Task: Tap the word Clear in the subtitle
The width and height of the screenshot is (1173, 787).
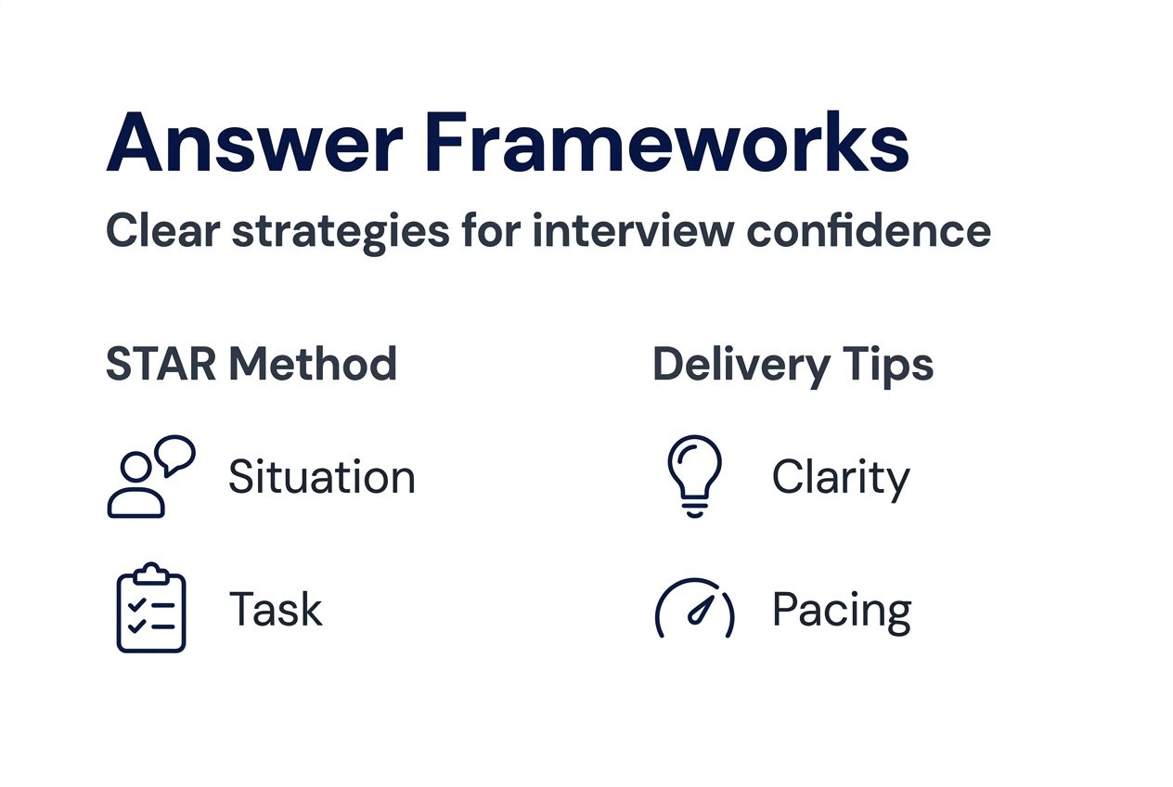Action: [161, 230]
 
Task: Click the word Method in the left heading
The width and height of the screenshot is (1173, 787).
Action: [313, 364]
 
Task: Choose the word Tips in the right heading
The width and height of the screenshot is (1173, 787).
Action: [887, 366]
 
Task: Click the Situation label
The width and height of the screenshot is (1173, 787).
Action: [322, 478]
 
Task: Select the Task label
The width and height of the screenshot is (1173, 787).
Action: [276, 610]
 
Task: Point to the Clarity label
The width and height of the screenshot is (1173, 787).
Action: [841, 480]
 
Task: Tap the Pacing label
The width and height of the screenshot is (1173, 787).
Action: [842, 612]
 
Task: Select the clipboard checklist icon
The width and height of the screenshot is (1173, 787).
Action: [151, 608]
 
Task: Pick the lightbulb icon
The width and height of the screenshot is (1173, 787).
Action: [694, 476]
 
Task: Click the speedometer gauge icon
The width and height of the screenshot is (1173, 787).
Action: [694, 610]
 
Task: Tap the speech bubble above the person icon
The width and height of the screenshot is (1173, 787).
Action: [175, 454]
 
